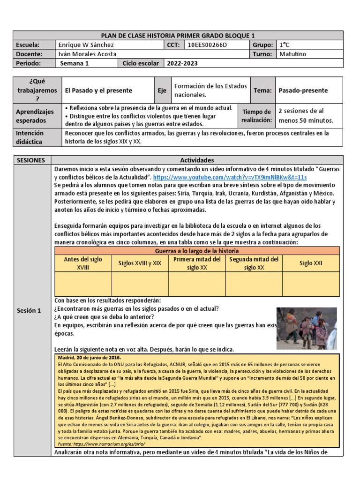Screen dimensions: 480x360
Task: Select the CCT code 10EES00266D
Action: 206,45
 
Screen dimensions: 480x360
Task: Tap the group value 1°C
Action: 285,45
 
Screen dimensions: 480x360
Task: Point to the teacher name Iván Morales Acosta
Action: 88,54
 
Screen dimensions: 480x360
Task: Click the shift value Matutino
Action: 292,54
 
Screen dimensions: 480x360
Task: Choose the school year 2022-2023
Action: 183,63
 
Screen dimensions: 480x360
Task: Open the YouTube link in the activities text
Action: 230,177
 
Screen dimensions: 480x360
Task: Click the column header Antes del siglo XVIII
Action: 82,263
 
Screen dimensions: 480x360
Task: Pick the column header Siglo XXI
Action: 311,263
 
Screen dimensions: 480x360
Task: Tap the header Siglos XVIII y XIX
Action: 140,263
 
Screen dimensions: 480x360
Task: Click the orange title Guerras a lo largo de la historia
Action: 196,251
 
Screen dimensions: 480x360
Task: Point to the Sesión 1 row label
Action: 29,310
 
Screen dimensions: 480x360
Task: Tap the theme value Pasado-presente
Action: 303,90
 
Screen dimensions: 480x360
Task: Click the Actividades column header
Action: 196,160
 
